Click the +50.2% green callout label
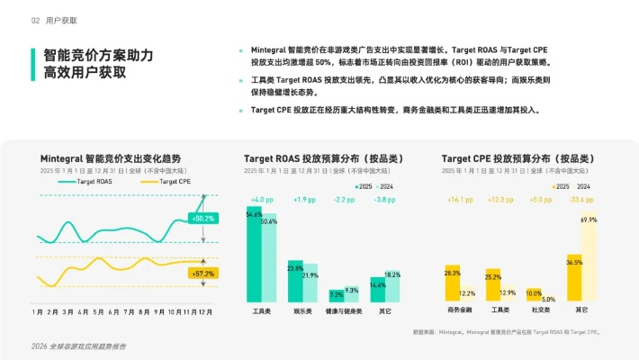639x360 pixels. point(202,218)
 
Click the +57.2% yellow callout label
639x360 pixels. point(202,273)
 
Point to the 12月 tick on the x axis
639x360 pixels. point(205,311)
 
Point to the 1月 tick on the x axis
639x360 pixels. point(38,311)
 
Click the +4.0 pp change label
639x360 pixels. point(261,199)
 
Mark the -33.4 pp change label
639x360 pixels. point(581,199)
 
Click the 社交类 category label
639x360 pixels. point(541,311)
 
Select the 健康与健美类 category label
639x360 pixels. point(344,311)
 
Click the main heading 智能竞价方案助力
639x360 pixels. point(93,55)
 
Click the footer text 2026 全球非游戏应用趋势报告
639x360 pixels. point(78,346)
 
